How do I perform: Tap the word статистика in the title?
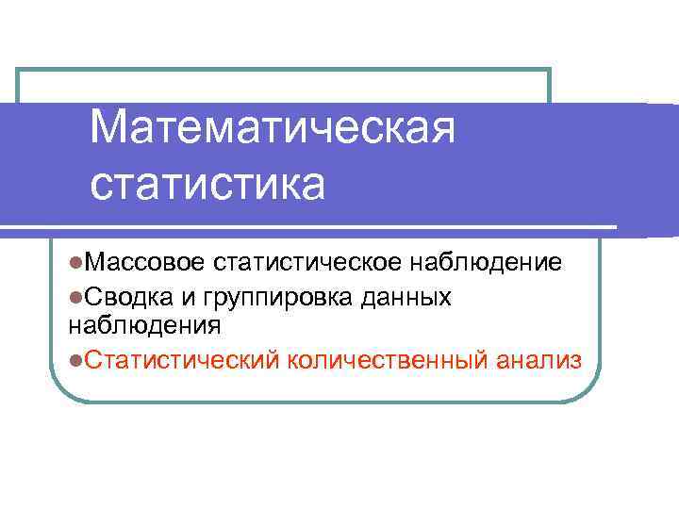207,183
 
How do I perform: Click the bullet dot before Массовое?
75,262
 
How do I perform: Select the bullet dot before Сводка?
75,297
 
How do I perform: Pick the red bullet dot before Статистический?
75,359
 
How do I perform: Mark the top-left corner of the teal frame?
19,70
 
